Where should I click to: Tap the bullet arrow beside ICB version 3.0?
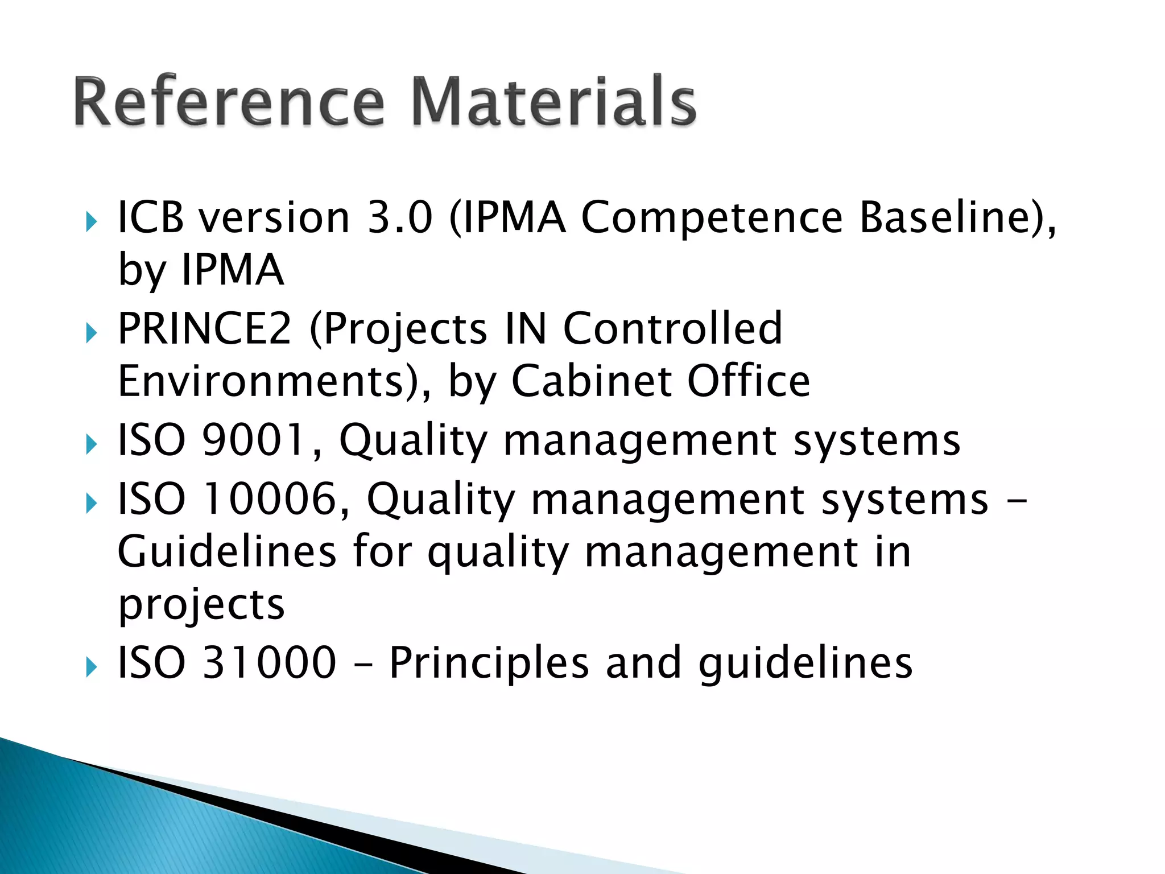click(91, 221)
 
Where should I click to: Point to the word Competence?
click(711, 218)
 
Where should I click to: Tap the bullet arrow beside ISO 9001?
click(91, 444)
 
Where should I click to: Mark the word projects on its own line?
click(201, 605)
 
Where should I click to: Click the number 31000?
click(269, 663)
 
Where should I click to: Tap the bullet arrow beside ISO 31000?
click(91, 666)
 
